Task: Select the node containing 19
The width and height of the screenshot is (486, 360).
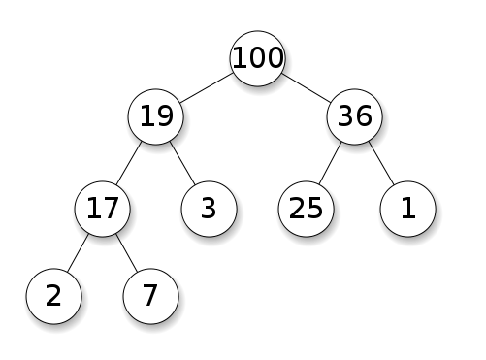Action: coord(155,116)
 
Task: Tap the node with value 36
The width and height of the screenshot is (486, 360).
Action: coord(356,116)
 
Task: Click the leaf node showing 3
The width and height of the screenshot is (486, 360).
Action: coord(207,208)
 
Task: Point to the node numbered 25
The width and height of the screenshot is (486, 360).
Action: coord(306,208)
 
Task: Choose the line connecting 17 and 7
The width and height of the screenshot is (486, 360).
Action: coord(127,252)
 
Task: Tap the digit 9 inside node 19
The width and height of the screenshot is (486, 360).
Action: coord(165,116)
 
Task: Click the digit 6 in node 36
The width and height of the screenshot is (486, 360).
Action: coord(365,116)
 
